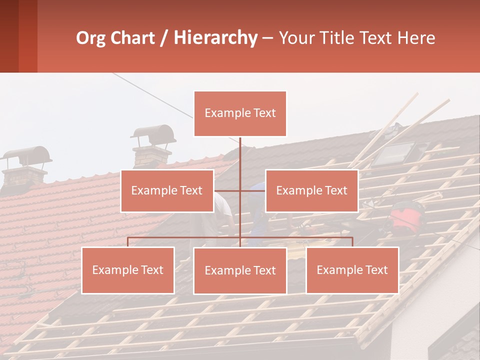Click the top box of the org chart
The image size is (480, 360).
[x=240, y=113]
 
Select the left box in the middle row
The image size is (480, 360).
[x=167, y=190]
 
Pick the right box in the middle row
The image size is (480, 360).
[x=311, y=190]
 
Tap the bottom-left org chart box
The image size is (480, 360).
[x=128, y=270]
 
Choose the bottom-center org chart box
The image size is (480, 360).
[x=240, y=270]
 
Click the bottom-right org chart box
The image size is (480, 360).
[x=352, y=270]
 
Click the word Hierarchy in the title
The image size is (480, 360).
[x=215, y=38]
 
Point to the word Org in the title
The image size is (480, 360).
[x=91, y=38]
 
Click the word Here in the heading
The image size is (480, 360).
[x=416, y=38]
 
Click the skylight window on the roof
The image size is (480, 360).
[x=395, y=153]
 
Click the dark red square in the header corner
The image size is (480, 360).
[x=9, y=36]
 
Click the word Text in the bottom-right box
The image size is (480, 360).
[x=376, y=270]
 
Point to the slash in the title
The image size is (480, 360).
[x=164, y=38]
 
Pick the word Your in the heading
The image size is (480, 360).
[x=295, y=38]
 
